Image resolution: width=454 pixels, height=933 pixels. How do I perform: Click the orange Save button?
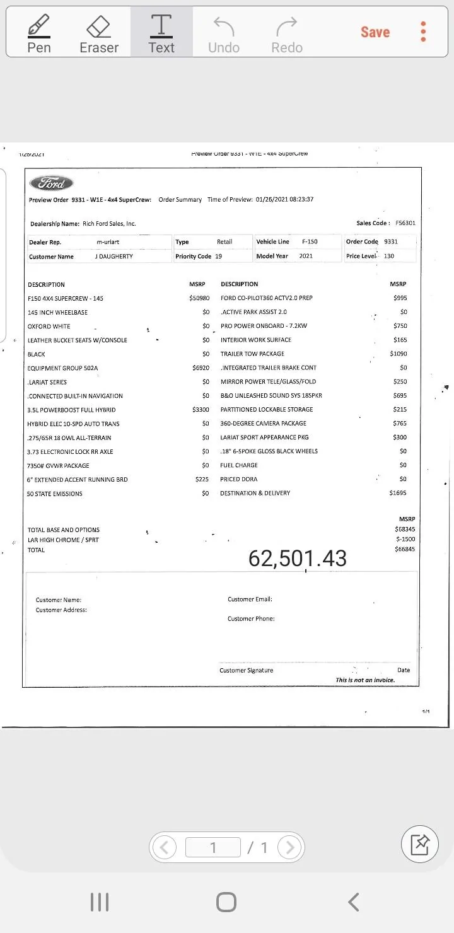[375, 32]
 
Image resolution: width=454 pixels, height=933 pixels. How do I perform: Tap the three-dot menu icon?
[423, 32]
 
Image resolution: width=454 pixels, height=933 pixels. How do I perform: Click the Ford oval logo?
[51, 183]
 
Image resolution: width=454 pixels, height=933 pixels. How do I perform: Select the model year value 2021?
[306, 256]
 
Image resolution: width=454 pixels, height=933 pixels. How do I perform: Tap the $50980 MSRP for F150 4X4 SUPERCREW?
[199, 298]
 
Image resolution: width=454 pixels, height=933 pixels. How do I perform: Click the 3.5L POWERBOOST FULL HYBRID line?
[71, 410]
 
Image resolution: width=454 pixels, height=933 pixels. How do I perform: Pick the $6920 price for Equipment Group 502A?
[201, 368]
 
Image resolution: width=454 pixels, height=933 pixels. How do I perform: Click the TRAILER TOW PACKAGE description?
[252, 354]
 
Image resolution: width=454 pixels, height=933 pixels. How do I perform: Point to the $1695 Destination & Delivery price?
[398, 493]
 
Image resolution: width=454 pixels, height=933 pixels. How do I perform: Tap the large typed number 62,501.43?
[298, 558]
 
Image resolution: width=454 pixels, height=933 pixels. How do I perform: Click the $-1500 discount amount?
[405, 540]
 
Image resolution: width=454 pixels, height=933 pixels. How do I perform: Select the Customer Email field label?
[250, 600]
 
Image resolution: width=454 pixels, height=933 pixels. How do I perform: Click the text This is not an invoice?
[365, 680]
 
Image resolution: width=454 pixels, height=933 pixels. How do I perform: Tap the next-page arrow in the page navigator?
[289, 847]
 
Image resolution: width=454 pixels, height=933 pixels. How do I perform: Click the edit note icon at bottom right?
[419, 844]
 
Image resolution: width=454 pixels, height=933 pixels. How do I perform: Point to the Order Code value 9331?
[391, 241]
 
